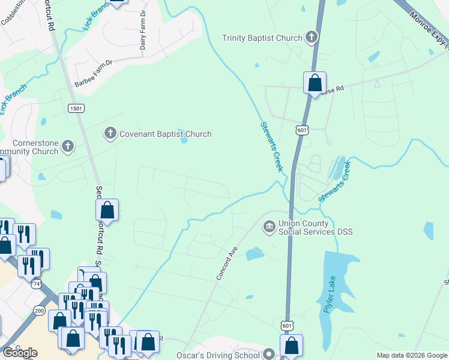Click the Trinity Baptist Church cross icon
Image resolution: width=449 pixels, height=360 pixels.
point(311,38)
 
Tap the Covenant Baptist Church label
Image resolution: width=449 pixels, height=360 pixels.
point(165,134)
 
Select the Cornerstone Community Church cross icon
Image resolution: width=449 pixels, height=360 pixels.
point(68,145)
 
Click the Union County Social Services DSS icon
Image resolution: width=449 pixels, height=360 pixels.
point(268,226)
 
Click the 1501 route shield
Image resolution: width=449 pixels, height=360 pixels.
point(76,108)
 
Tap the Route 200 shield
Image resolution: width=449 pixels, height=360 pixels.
point(40,310)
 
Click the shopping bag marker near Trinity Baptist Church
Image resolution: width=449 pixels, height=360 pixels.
point(315,83)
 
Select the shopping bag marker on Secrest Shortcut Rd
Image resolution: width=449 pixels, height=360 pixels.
point(107,210)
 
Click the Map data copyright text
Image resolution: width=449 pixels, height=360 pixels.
point(412,355)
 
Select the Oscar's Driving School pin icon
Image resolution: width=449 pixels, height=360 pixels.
point(269,355)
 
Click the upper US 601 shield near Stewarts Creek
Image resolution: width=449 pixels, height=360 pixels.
point(302,130)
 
